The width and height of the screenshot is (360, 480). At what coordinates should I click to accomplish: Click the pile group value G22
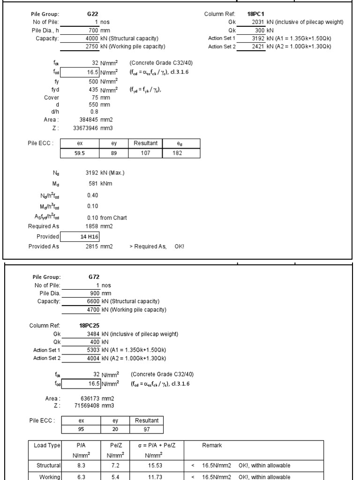92,15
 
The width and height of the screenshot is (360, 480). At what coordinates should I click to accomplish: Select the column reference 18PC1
256,15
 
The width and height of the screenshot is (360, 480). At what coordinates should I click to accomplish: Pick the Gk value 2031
258,22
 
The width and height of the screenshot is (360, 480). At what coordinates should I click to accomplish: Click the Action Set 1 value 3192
258,38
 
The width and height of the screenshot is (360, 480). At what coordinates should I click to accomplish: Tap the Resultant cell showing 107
145,153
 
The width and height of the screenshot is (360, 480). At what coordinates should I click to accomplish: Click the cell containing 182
177,153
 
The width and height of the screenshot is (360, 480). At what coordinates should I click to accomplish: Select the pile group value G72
94,277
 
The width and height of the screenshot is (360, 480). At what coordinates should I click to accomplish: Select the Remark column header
212,445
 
